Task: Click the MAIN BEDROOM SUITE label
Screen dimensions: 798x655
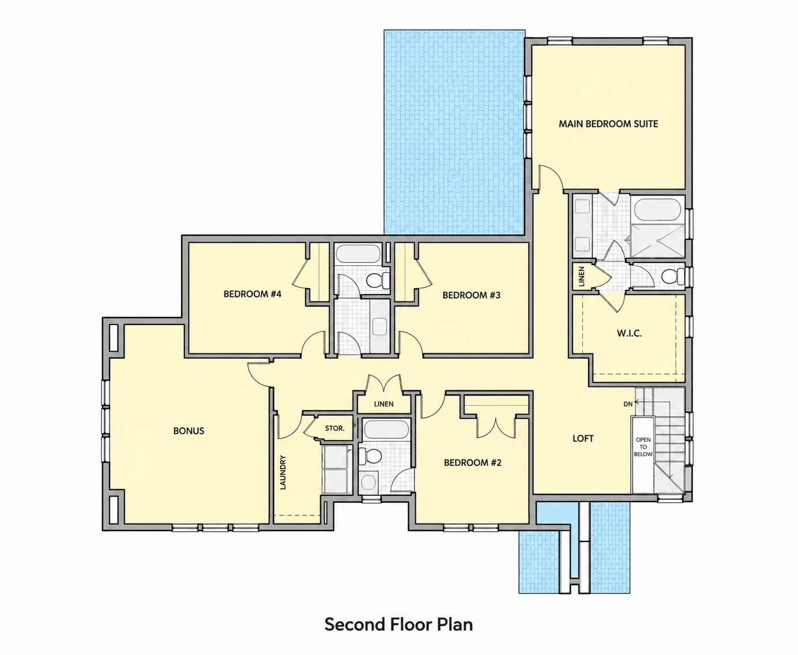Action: [x=608, y=124]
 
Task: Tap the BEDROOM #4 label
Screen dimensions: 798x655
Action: [x=253, y=294]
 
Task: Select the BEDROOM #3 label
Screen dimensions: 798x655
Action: [x=472, y=295]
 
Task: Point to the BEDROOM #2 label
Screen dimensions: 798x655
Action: [x=473, y=462]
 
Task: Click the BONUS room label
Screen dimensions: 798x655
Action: [x=189, y=431]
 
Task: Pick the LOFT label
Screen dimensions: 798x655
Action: [x=583, y=438]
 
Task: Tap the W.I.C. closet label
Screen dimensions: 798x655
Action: [x=629, y=333]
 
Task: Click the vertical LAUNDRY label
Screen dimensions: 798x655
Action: [x=283, y=472]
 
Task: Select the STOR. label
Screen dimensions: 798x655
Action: [x=334, y=428]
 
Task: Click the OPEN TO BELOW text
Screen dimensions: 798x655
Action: [x=643, y=447]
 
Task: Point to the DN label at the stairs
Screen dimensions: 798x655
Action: [x=628, y=404]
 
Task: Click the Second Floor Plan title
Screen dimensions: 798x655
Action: [x=398, y=624]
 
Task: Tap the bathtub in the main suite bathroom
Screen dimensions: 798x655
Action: [x=657, y=209]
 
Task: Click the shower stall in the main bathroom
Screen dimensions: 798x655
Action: [x=658, y=241]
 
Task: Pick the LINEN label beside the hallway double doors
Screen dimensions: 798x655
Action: [x=383, y=404]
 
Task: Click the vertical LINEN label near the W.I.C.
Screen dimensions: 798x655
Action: [x=582, y=276]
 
